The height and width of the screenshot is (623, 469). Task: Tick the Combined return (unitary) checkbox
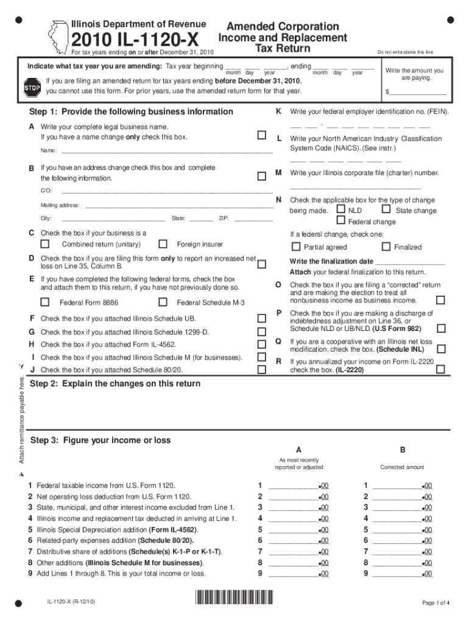click(44, 245)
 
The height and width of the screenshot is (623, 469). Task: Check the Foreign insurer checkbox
click(163, 245)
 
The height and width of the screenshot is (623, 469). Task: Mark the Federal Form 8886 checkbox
click(44, 302)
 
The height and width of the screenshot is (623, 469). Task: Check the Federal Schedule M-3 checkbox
click(163, 302)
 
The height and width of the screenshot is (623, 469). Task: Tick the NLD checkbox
click(340, 210)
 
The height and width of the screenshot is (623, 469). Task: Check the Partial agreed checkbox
click(296, 247)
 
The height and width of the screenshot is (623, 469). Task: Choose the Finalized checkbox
click(386, 247)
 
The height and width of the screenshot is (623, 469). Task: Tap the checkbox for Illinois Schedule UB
click(261, 318)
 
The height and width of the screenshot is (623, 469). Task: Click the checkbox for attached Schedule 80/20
click(261, 369)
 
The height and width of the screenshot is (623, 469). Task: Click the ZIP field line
click(253, 218)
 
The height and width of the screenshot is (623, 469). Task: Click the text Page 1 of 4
click(435, 603)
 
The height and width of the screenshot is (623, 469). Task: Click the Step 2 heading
click(115, 384)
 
